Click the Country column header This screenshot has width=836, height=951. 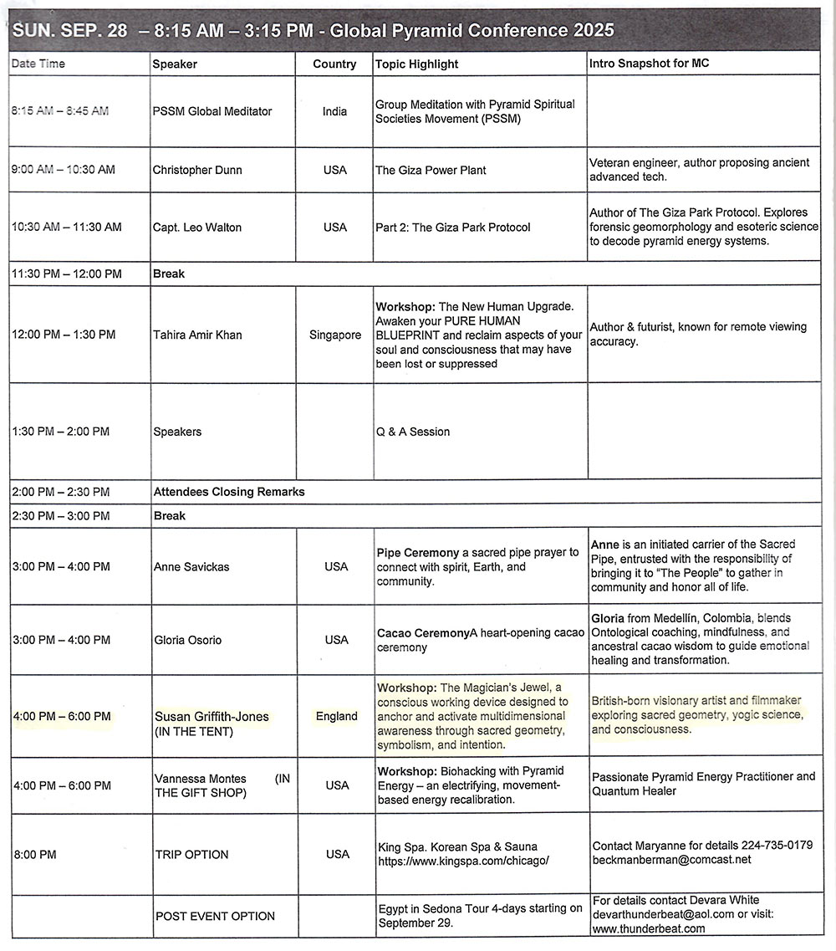334,64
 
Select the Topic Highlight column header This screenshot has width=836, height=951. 416,64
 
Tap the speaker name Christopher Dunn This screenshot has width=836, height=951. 197,170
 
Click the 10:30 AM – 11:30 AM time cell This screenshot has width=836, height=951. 67,227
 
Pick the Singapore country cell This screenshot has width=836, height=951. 334,335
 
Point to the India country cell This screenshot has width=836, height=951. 334,111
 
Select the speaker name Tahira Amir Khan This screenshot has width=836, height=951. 197,335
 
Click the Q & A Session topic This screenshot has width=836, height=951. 413,432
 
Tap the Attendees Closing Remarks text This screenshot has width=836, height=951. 229,492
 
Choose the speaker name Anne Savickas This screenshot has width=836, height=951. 191,567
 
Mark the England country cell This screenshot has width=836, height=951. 336,716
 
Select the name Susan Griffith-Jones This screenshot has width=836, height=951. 212,717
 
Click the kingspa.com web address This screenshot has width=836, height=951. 462,861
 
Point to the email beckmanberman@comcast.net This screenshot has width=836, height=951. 671,859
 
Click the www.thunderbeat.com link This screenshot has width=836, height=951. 649,928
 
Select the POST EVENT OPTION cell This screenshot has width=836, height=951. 215,916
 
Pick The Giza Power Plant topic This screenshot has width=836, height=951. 431,170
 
